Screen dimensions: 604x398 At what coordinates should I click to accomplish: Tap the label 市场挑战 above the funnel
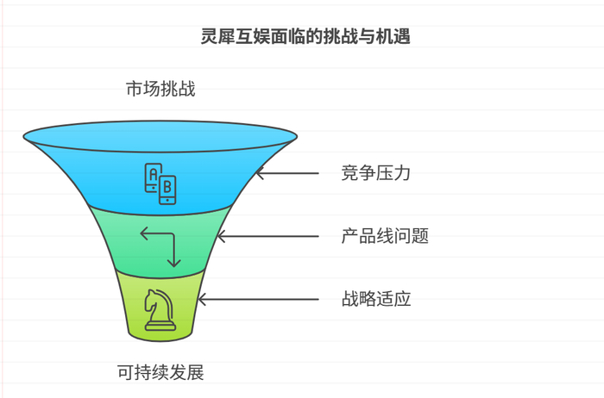[x=160, y=88]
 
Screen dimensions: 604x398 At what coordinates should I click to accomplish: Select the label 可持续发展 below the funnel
[x=160, y=373]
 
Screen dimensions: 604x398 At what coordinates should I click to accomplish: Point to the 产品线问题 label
[x=385, y=236]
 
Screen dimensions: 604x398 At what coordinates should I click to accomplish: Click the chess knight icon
[x=160, y=309]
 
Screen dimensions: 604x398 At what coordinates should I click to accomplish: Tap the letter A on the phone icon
[x=154, y=175]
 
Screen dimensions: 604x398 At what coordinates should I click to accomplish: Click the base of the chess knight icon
[x=160, y=326]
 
